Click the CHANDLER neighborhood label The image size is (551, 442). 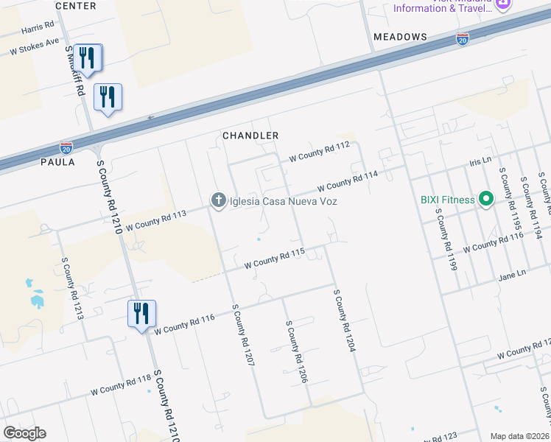coord(251,136)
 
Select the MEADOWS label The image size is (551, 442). coord(400,37)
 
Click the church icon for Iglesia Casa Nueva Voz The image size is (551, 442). coord(218,200)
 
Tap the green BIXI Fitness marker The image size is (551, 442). coord(485,199)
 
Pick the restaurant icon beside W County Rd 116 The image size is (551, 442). coord(141,314)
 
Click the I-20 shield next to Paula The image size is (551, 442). coord(66,147)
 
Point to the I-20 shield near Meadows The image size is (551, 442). coord(463,38)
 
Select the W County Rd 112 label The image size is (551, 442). coord(319,152)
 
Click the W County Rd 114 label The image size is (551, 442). coord(347,180)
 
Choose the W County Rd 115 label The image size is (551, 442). coord(274,258)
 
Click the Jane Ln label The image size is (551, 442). coord(513,275)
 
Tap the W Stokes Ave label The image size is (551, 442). coord(34,47)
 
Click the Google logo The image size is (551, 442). coord(24,433)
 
